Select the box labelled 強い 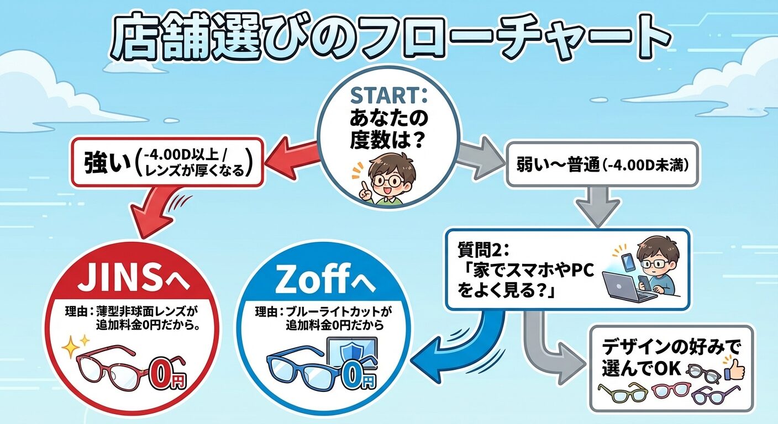(x=166, y=162)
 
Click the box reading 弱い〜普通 (x=602, y=163)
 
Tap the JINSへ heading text (x=133, y=278)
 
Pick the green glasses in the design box (x=622, y=393)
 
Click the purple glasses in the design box (x=713, y=394)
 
